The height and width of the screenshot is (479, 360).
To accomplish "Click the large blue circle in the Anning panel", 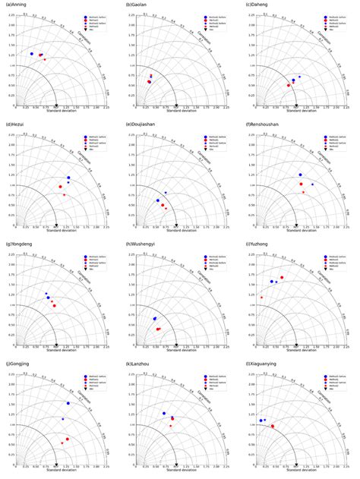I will click(x=31, y=54).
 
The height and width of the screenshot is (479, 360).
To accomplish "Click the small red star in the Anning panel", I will click(x=45, y=59).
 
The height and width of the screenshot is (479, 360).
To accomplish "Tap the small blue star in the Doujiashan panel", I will click(x=166, y=193).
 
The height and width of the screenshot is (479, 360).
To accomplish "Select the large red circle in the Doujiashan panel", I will click(x=162, y=205).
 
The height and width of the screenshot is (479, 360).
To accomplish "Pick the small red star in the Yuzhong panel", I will click(x=261, y=297).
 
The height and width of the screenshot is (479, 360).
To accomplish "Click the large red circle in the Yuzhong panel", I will click(x=282, y=277).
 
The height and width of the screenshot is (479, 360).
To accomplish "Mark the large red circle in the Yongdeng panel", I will click(x=54, y=306).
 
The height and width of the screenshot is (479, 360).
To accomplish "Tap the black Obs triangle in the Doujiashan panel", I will click(x=175, y=225).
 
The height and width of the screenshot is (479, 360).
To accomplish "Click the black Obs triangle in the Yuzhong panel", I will click(x=295, y=345).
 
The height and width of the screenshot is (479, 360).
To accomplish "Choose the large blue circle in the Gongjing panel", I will click(x=68, y=403).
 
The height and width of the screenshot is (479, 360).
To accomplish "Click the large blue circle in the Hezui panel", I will click(x=68, y=178).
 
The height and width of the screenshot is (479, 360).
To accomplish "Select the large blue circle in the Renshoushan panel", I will click(x=300, y=175).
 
